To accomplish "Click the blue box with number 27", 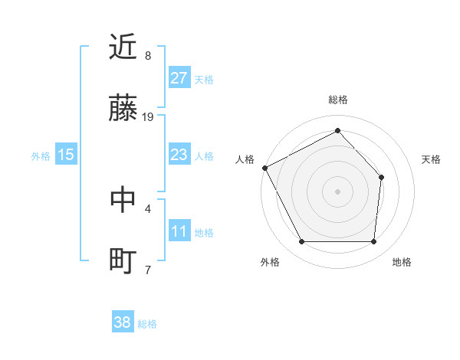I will pos(179,78).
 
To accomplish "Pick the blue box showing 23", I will pos(179,155).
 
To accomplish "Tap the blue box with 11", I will pos(179,231).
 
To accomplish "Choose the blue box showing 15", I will pos(66,155).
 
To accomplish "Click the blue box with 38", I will pos(123,322).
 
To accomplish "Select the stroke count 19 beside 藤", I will pos(148,116).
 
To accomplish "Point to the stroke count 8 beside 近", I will pos(148,56).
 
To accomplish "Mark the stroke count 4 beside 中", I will pos(148,208).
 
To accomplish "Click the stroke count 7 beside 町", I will pos(148,270).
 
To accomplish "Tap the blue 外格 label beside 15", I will pos(41,155).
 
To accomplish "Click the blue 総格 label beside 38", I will pos(147,324).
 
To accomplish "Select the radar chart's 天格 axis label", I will pos(432,159).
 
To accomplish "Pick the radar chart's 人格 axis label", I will pos(245,159).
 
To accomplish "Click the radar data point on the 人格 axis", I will pos(264,168).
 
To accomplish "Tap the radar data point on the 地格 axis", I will pos(373,242).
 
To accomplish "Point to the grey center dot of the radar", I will pos(337,191).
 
